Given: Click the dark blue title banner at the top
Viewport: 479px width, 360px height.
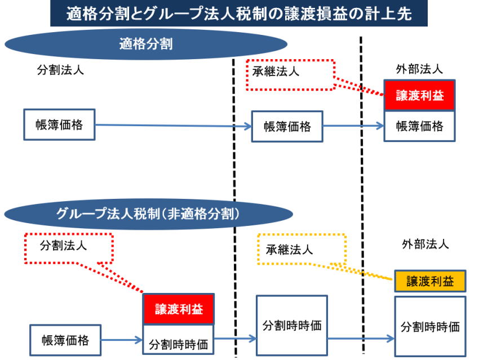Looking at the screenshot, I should (x=239, y=14).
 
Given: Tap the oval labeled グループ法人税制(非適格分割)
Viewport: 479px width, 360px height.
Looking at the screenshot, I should (x=149, y=214).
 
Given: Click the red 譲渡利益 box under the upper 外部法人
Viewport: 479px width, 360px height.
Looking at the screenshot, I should (x=419, y=95).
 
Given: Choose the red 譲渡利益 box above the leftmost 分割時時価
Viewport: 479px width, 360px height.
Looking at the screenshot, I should (x=178, y=309).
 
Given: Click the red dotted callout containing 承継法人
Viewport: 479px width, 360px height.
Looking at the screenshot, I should (x=290, y=74).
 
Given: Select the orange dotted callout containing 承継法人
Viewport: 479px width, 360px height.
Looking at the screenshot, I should (x=301, y=248).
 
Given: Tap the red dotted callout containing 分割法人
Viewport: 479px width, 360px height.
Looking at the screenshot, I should (x=69, y=248).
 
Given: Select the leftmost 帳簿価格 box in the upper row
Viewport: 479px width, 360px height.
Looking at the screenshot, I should (x=59, y=125).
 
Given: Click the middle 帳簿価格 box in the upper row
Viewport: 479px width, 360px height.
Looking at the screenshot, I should (x=287, y=126).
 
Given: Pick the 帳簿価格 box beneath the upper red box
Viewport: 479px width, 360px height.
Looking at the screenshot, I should (x=419, y=126).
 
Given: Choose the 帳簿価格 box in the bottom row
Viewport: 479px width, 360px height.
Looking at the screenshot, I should (x=65, y=340).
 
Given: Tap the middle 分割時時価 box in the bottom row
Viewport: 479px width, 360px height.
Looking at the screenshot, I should (x=291, y=325).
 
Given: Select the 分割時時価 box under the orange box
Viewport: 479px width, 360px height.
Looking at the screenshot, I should (x=430, y=326).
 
